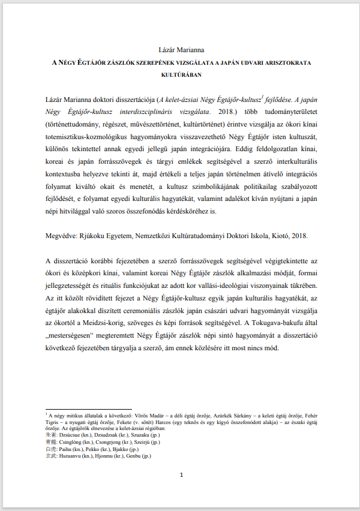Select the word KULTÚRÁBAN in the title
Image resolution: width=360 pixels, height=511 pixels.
point(180,76)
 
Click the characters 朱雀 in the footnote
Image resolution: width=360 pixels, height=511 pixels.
point(50,435)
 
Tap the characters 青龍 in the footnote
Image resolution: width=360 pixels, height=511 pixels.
point(50,441)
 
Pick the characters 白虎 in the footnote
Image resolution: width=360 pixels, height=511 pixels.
point(50,448)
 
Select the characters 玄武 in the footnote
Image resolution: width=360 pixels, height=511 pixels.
point(50,455)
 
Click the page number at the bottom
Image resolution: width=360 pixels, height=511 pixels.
point(180,475)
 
